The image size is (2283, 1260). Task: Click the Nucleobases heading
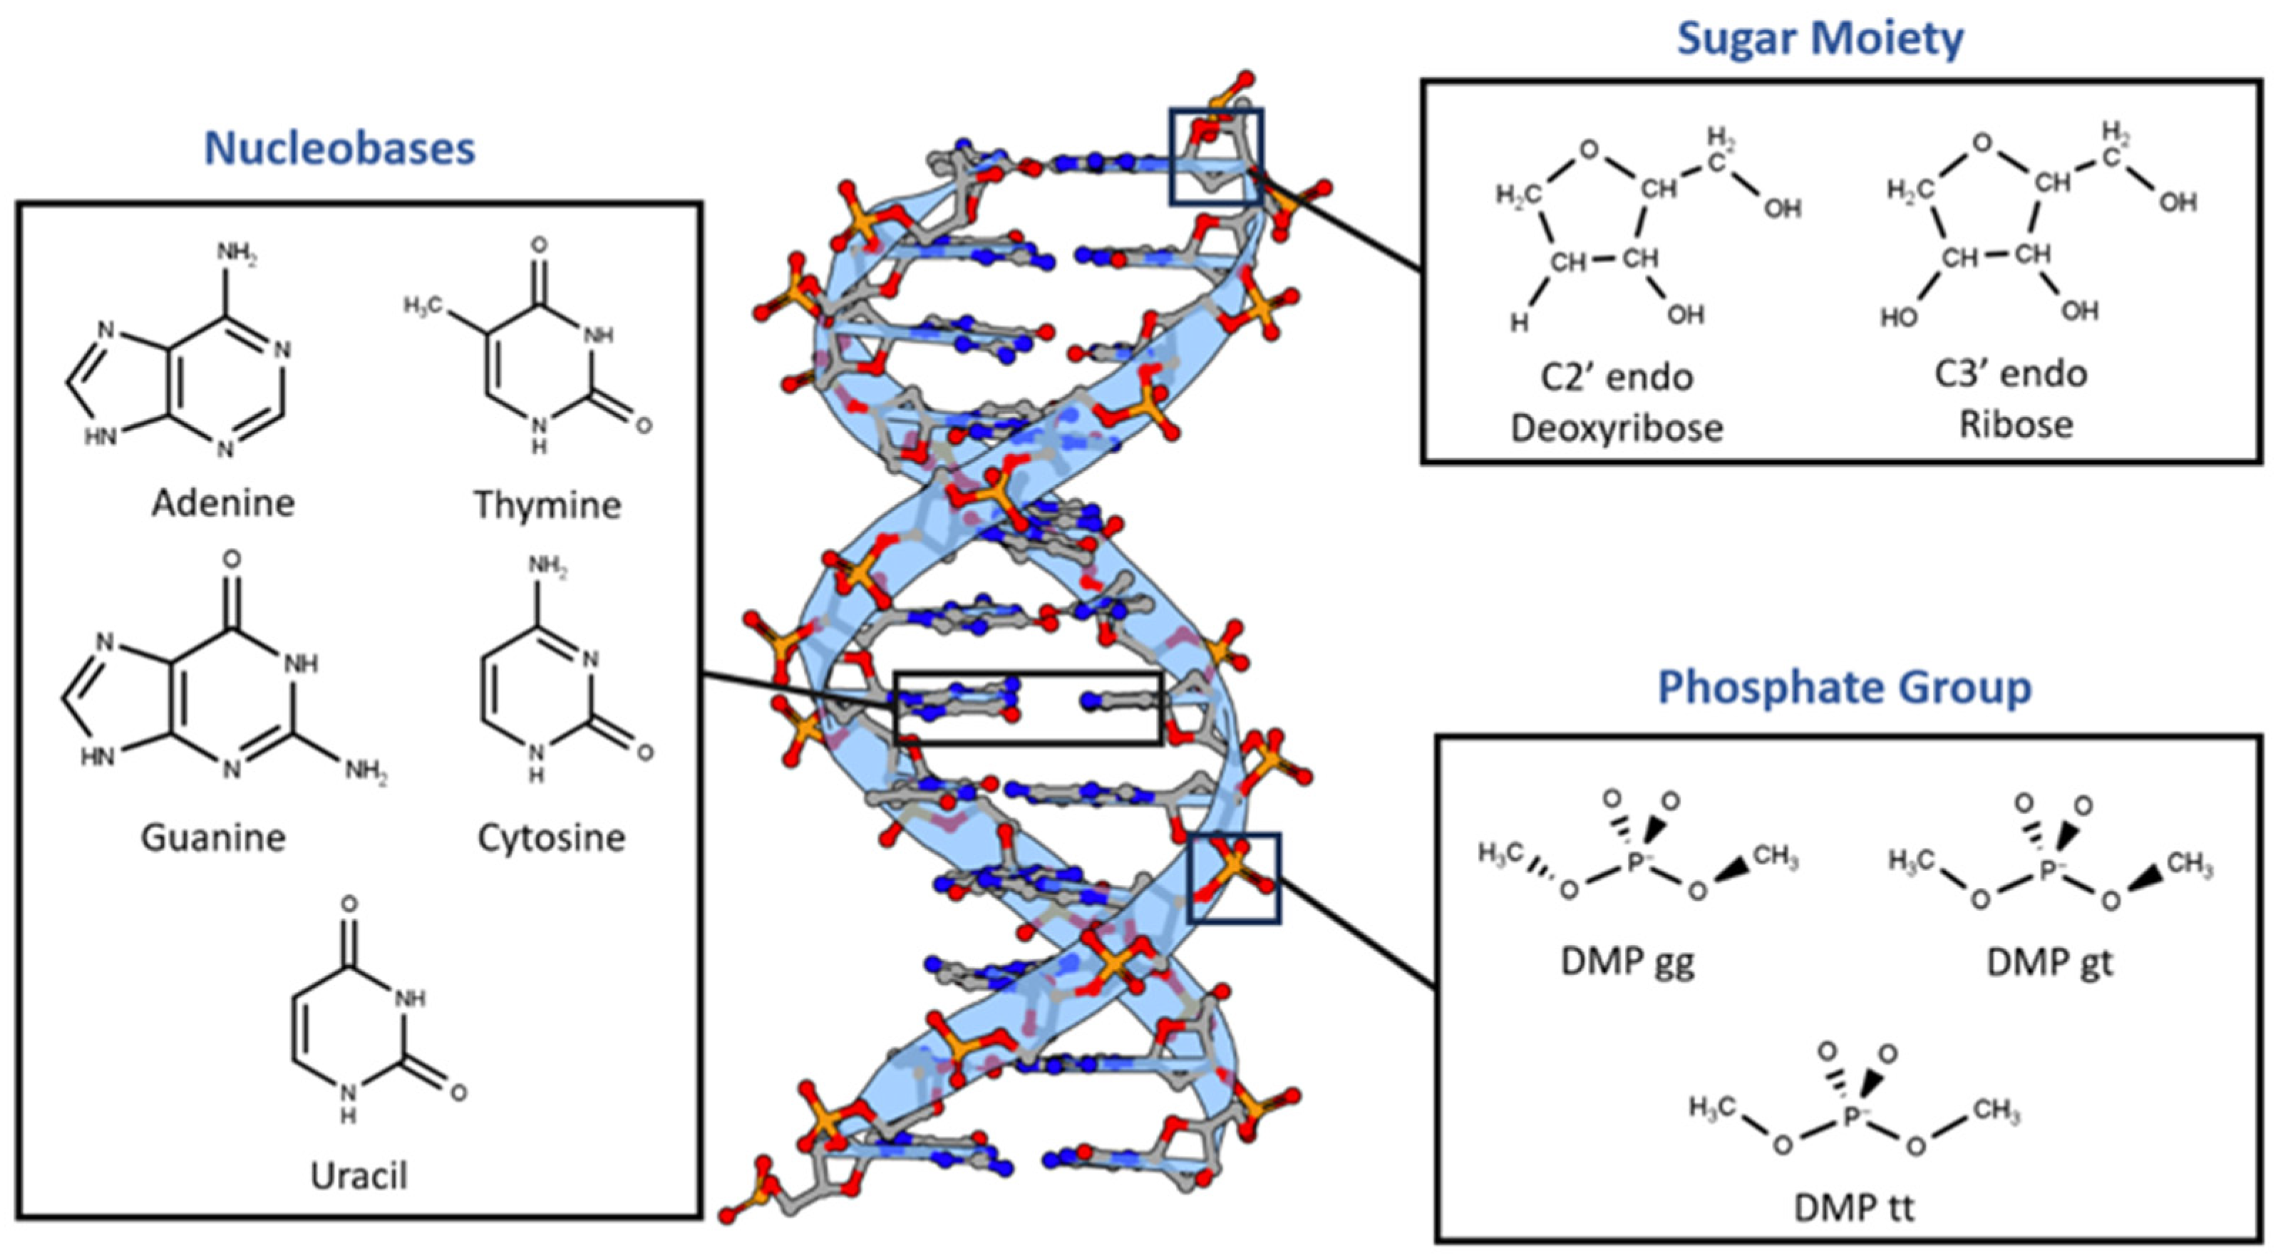[x=339, y=148]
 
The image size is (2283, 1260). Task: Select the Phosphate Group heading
[x=1845, y=687]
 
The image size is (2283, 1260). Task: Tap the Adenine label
[x=223, y=503]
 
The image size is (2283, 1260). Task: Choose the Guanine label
[x=214, y=837]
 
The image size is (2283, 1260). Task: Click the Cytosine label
[x=551, y=837]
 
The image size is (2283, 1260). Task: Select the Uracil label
[x=359, y=1176]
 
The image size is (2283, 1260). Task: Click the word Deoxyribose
[x=1617, y=428]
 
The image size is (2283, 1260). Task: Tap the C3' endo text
[x=2010, y=374]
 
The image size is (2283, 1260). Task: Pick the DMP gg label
[x=1627, y=961]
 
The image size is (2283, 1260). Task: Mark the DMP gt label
[x=2049, y=961]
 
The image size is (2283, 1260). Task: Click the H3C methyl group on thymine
[x=422, y=306]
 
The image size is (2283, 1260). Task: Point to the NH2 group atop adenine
[x=237, y=252]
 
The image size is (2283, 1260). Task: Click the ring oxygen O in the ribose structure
[x=1982, y=143]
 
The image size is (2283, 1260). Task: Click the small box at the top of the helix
[x=1216, y=157]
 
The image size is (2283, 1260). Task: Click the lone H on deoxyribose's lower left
[x=1520, y=324]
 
